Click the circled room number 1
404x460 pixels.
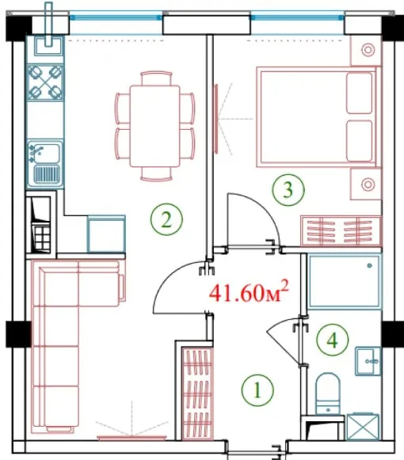pyautogui.click(x=257, y=390)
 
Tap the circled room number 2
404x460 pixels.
pyautogui.click(x=166, y=219)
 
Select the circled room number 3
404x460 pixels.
pyautogui.click(x=288, y=190)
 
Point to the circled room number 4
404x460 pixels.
pyautogui.click(x=333, y=340)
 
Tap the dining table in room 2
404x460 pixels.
pyautogui.click(x=155, y=126)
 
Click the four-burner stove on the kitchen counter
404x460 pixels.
pyautogui.click(x=45, y=82)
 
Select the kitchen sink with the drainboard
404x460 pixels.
pyautogui.click(x=45, y=163)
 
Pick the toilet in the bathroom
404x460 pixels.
pyautogui.click(x=328, y=393)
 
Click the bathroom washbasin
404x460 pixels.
pyautogui.click(x=368, y=361)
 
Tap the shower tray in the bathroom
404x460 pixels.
pyautogui.click(x=345, y=282)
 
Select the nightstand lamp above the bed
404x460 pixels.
pyautogui.click(x=368, y=50)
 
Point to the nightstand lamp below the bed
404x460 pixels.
pyautogui.click(x=368, y=184)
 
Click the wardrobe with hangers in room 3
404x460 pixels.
pyautogui.click(x=341, y=230)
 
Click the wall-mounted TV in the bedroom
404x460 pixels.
pyautogui.click(x=216, y=119)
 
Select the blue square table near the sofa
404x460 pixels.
pyautogui.click(x=106, y=234)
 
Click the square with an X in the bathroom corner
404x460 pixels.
pyautogui.click(x=364, y=427)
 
